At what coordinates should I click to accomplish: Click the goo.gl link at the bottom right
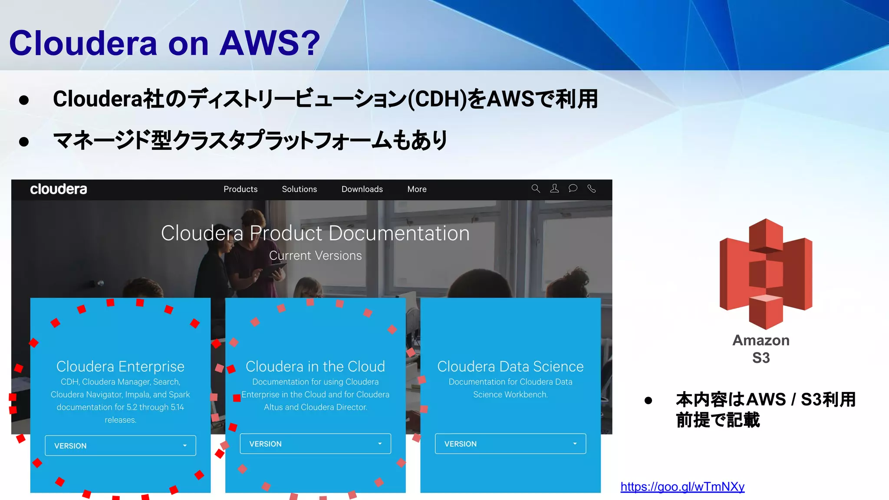pyautogui.click(x=682, y=487)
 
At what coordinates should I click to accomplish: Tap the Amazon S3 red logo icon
pyautogui.click(x=766, y=273)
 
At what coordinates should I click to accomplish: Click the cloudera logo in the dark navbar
pyautogui.click(x=59, y=189)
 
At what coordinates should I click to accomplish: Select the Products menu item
pyautogui.click(x=240, y=189)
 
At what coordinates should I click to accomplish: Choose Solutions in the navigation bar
pyautogui.click(x=300, y=189)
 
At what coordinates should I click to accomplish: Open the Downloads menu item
pyautogui.click(x=362, y=189)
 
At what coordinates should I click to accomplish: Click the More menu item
pyautogui.click(x=417, y=189)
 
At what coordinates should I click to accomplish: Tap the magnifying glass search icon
pyautogui.click(x=536, y=188)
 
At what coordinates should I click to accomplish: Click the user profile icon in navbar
pyautogui.click(x=554, y=188)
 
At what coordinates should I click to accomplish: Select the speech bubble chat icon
pyautogui.click(x=573, y=188)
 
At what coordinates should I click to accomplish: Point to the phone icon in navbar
pyautogui.click(x=592, y=188)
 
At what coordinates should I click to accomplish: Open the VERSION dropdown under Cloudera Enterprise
pyautogui.click(x=120, y=446)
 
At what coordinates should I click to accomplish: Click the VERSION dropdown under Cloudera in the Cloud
pyautogui.click(x=315, y=444)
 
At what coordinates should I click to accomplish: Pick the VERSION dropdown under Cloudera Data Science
pyautogui.click(x=510, y=444)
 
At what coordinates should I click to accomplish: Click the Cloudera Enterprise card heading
pyautogui.click(x=120, y=367)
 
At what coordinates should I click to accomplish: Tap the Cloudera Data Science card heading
pyautogui.click(x=510, y=367)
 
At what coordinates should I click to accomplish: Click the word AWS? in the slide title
pyautogui.click(x=270, y=43)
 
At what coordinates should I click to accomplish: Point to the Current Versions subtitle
pyautogui.click(x=315, y=256)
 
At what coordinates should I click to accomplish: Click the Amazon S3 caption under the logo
pyautogui.click(x=761, y=349)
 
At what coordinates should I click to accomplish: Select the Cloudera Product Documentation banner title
pyautogui.click(x=315, y=234)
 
